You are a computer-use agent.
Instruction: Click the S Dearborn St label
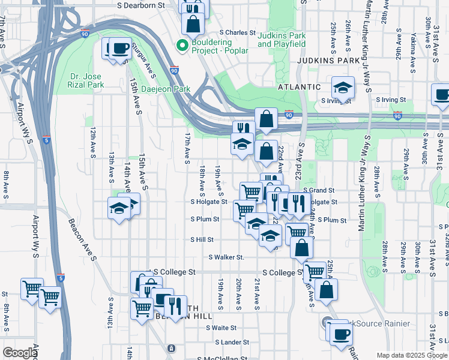pyautogui.click(x=141, y=5)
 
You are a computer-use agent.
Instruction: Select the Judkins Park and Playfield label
pyautogui.click(x=282, y=40)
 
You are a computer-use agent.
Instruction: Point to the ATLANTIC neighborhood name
pyautogui.click(x=299, y=87)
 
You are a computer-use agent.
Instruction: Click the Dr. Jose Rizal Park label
pyautogui.click(x=87, y=80)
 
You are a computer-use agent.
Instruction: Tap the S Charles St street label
pyautogui.click(x=238, y=33)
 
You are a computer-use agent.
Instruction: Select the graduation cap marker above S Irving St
pyautogui.click(x=343, y=88)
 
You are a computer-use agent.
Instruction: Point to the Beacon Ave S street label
pyautogui.click(x=82, y=239)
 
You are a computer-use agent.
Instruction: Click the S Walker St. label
pyautogui.click(x=226, y=257)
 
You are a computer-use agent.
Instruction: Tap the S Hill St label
pyautogui.click(x=202, y=239)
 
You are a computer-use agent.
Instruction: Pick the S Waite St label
pyautogui.click(x=221, y=328)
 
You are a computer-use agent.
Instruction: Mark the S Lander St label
pyautogui.click(x=232, y=342)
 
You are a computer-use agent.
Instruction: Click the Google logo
pyautogui.click(x=19, y=353)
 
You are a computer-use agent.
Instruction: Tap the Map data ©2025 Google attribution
pyautogui.click(x=411, y=355)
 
